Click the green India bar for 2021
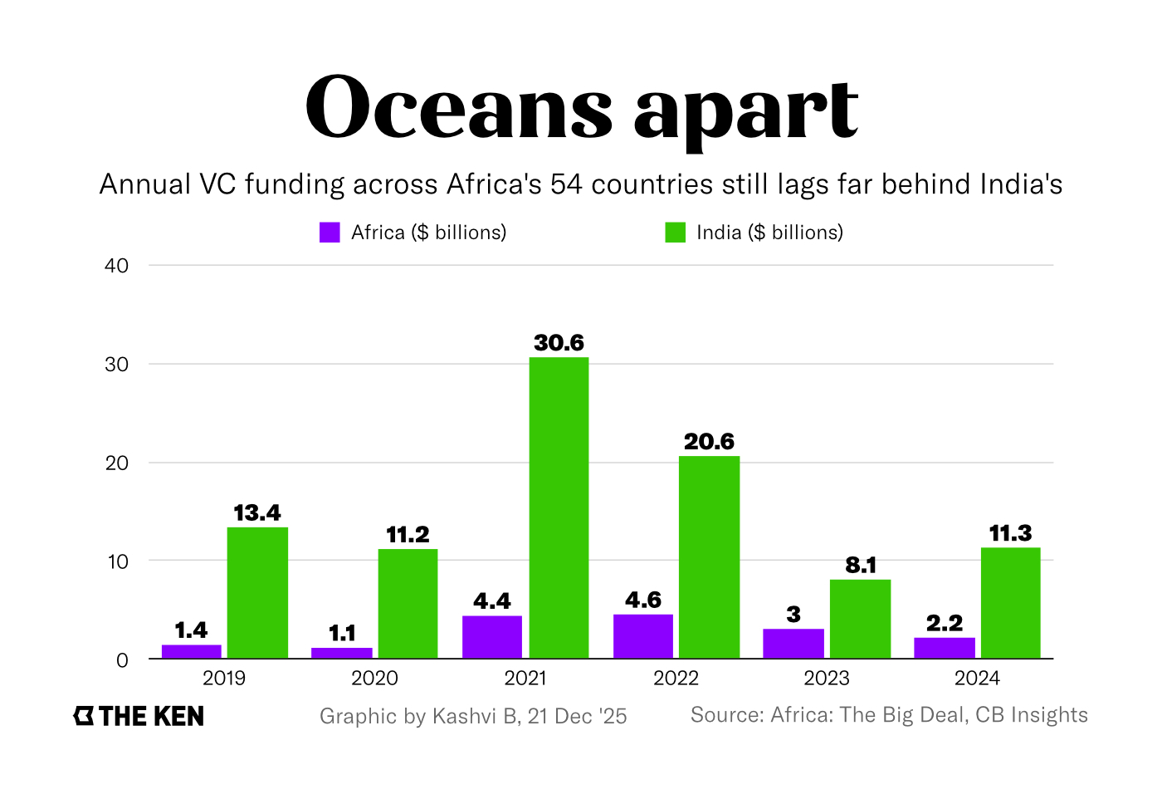pyautogui.click(x=559, y=507)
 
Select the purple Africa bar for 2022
pyautogui.click(x=642, y=636)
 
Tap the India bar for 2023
pyautogui.click(x=860, y=619)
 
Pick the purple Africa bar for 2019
pyautogui.click(x=191, y=651)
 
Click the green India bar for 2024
pyautogui.click(x=1010, y=603)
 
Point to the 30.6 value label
pyautogui.click(x=559, y=343)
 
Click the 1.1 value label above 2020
pyautogui.click(x=342, y=634)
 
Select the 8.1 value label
pyautogui.click(x=861, y=566)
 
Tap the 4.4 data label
pyautogui.click(x=492, y=601)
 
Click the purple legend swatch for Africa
pyautogui.click(x=330, y=233)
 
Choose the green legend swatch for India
pyautogui.click(x=676, y=233)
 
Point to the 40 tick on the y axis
pyautogui.click(x=117, y=266)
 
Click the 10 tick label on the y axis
pyautogui.click(x=117, y=561)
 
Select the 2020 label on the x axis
pyautogui.click(x=374, y=679)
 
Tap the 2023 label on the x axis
pyautogui.click(x=826, y=679)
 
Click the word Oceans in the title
pyautogui.click(x=459, y=108)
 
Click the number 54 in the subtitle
pyautogui.click(x=567, y=184)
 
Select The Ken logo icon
pyautogui.click(x=84, y=716)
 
